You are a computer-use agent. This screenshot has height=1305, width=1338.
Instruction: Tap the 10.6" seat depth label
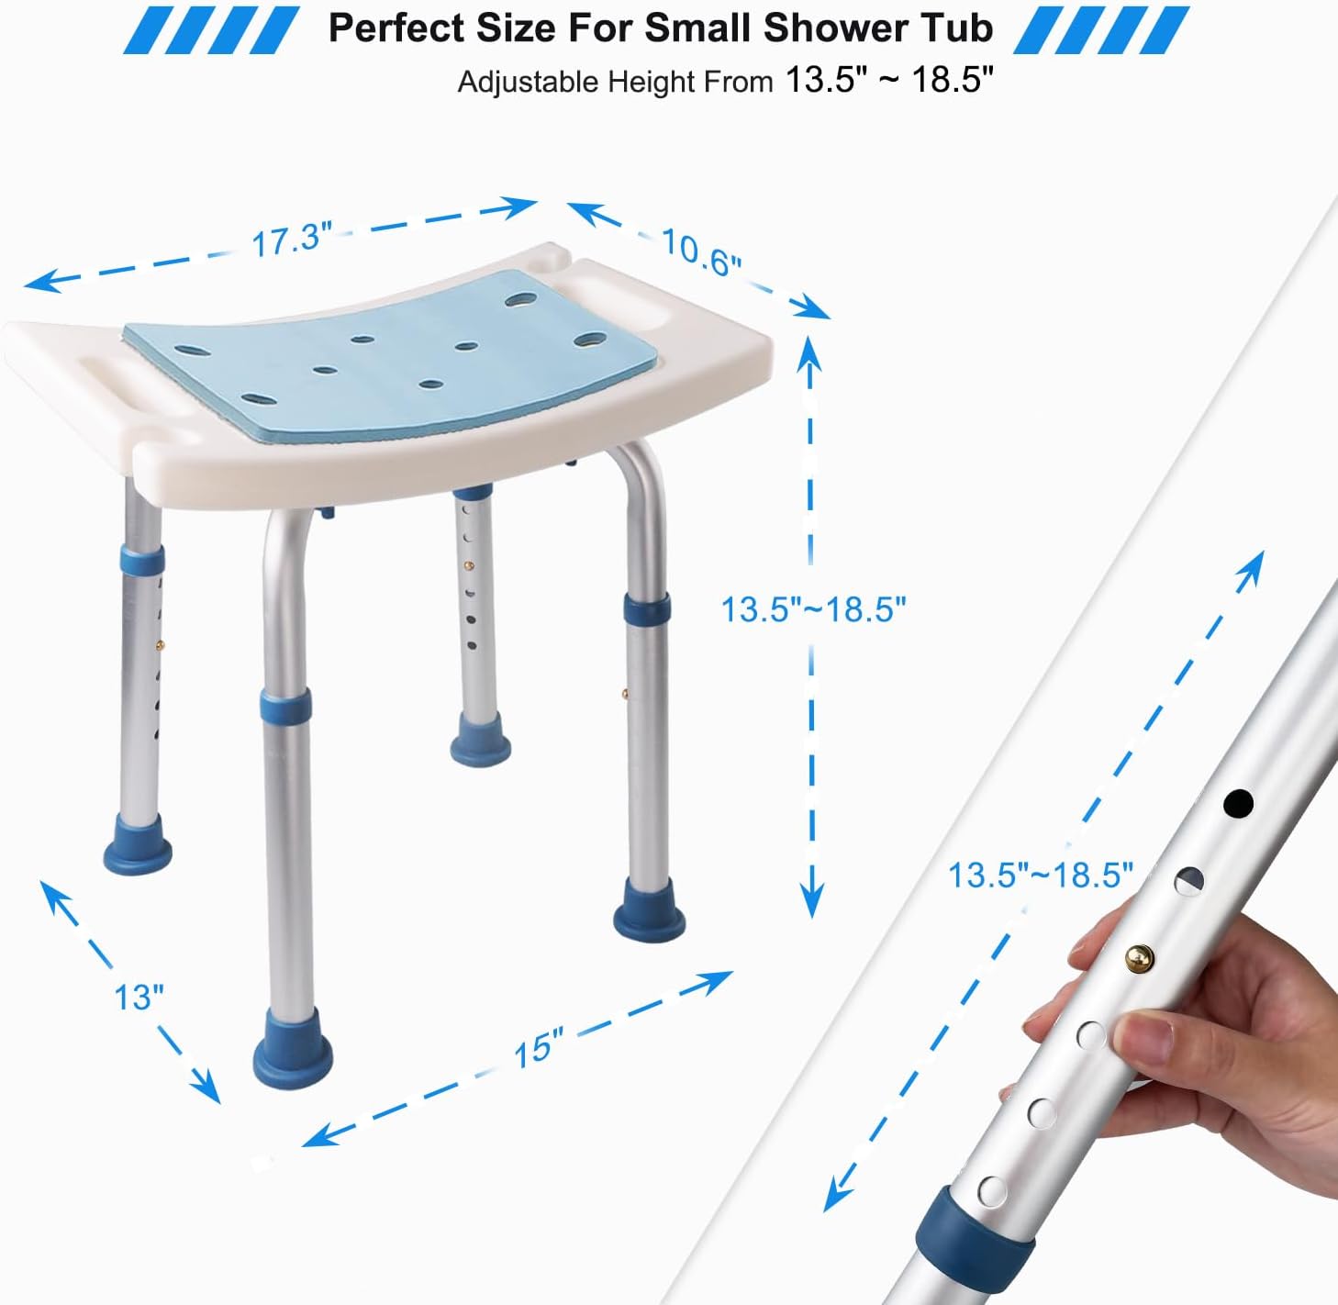click(x=700, y=252)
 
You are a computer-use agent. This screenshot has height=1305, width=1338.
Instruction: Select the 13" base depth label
click(x=139, y=997)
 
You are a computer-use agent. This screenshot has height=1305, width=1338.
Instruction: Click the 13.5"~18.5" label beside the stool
click(x=813, y=608)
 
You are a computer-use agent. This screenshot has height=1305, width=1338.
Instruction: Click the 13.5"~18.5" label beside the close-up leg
click(x=1040, y=875)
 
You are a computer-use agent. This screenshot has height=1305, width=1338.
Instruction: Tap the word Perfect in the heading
click(x=396, y=28)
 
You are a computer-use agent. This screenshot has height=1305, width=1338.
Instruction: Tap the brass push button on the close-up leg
click(x=1139, y=959)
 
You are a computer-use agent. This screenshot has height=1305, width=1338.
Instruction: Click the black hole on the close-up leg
click(x=1238, y=804)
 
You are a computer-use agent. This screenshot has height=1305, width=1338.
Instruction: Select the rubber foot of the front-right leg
click(x=650, y=909)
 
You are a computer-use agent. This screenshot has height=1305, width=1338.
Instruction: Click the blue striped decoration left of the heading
click(x=211, y=28)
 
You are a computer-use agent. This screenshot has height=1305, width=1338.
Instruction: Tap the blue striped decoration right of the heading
click(x=1101, y=28)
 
